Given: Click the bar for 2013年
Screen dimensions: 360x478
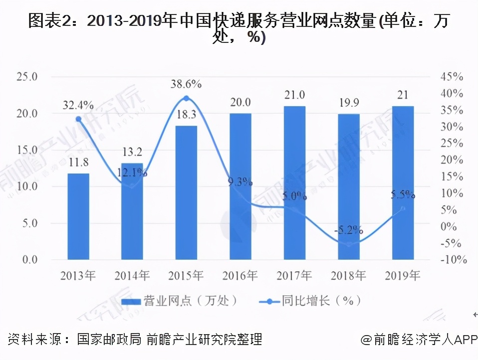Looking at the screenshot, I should point(78,216).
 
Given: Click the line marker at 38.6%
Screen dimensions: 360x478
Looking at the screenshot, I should point(186,98).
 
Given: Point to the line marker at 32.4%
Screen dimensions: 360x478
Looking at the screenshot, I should point(78,119).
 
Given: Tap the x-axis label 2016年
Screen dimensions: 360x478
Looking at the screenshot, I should point(240,275).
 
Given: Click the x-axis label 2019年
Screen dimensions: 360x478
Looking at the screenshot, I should point(403,275).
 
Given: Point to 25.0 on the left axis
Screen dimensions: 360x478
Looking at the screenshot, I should point(27,77).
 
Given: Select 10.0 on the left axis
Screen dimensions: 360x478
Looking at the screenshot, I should point(27,186).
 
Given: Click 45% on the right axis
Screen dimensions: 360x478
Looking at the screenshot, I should point(452,77).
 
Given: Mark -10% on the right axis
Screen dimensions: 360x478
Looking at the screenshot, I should point(452,260).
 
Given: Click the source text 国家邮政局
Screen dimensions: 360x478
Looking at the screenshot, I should point(110,340).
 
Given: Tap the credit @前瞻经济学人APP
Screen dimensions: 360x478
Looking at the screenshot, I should point(419,340).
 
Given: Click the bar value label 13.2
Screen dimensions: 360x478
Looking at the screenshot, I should point(132,151).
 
